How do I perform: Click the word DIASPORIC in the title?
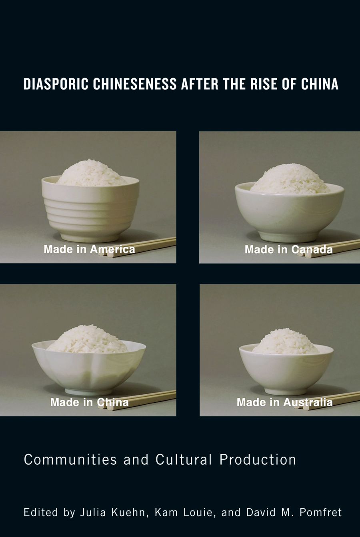tap(56, 84)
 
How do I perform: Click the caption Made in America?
tap(89, 250)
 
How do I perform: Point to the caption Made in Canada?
tap(288, 250)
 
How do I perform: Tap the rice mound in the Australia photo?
tap(286, 341)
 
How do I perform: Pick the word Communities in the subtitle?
tap(70, 460)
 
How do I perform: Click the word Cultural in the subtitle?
tap(184, 460)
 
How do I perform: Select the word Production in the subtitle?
tap(258, 460)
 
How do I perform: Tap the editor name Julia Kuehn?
tap(113, 513)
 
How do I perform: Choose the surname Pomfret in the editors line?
tap(321, 513)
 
